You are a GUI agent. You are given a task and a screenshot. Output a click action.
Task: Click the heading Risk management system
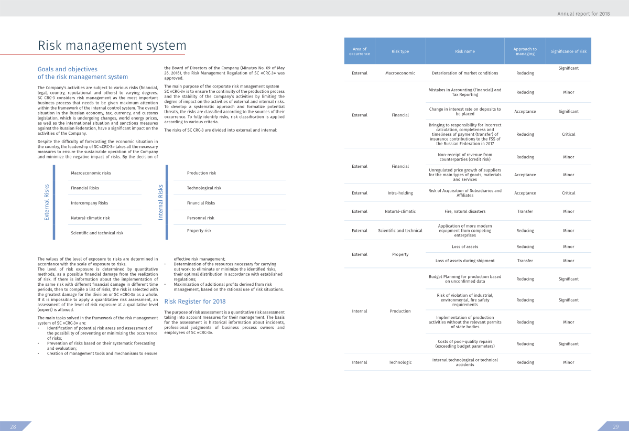112,46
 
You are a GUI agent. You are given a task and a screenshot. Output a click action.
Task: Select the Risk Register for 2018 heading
195,301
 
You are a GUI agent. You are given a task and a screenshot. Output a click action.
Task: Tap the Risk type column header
400,51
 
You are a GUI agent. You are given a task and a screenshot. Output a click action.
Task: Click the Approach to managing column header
525,51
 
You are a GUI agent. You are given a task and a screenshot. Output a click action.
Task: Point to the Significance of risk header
569,51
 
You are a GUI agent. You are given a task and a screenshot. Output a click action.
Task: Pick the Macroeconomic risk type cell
400,73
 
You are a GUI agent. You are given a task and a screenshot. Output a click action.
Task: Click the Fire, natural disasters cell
464,211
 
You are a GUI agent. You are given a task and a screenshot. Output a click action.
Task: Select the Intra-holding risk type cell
400,193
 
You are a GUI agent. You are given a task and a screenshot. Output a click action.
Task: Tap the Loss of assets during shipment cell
464,261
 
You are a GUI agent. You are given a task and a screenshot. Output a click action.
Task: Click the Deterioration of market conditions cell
464,73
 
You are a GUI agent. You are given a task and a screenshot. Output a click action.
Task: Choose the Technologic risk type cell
400,362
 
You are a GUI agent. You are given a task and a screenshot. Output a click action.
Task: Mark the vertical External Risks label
47,202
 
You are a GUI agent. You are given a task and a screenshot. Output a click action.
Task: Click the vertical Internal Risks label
161,202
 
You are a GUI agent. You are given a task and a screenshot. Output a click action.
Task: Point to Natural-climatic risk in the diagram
91,218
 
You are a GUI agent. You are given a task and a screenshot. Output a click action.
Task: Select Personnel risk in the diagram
201,218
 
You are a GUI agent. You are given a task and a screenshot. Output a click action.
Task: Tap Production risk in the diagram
202,173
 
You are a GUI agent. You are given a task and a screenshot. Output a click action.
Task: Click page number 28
13,426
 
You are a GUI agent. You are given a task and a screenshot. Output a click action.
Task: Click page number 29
616,426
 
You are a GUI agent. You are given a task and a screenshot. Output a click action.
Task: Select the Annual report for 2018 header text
591,14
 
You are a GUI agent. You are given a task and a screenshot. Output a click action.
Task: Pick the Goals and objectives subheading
67,69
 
